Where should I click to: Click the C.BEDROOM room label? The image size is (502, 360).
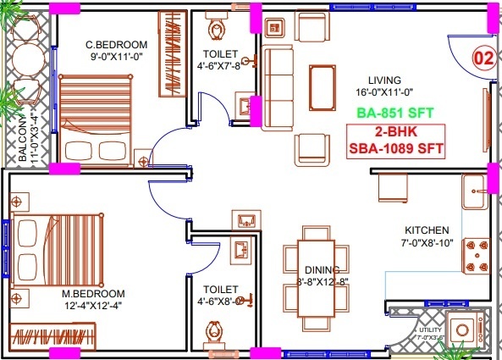point(117,45)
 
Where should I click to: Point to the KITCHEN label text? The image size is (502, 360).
point(427,230)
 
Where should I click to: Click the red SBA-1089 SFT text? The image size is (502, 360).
point(396,147)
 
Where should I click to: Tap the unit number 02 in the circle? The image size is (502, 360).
point(483,59)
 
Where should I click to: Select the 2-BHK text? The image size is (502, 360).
point(396,132)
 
